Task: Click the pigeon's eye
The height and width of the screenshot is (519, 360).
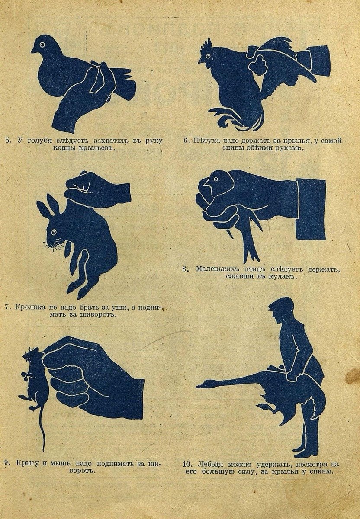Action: click(42, 45)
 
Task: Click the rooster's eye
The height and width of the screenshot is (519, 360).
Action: click(209, 56)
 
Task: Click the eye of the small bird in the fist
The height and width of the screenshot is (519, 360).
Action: click(216, 179)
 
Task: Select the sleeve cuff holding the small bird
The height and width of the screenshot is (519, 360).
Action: click(311, 210)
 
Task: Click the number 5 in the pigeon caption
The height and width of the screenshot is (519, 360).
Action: click(7, 141)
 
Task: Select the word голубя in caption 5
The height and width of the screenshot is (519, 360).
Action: click(40, 141)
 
